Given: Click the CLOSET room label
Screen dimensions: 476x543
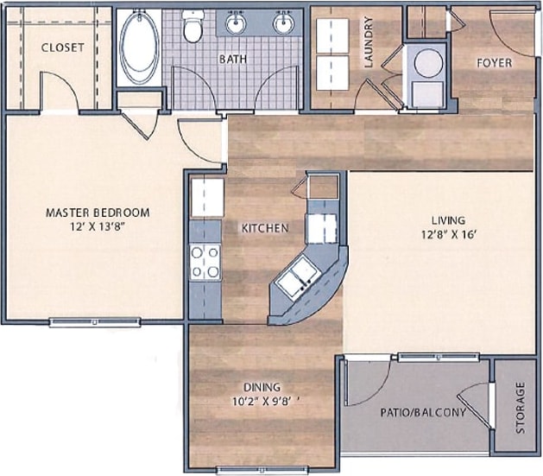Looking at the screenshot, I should pyautogui.click(x=63, y=48).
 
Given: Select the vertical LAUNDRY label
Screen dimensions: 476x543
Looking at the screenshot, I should pyautogui.click(x=368, y=42).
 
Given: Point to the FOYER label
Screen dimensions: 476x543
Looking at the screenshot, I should pyautogui.click(x=494, y=63).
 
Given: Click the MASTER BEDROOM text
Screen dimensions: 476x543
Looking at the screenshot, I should pyautogui.click(x=98, y=213).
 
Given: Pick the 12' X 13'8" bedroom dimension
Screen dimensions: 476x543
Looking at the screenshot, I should pyautogui.click(x=98, y=227).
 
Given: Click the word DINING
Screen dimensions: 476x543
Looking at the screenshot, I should pyautogui.click(x=262, y=388).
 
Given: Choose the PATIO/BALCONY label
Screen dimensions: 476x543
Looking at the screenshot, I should pyautogui.click(x=423, y=412).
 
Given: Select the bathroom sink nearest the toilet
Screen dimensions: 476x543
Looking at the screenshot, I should pyautogui.click(x=235, y=23).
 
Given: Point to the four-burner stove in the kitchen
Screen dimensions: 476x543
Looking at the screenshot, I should pyautogui.click(x=205, y=262).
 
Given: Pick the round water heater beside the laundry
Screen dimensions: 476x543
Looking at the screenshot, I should pyautogui.click(x=428, y=63).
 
